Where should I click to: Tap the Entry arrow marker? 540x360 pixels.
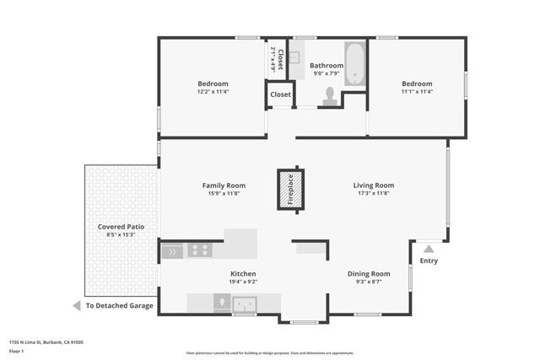click(x=429, y=249)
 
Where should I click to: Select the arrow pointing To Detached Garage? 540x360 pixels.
click(x=76, y=305)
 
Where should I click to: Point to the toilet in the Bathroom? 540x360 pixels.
click(x=330, y=96)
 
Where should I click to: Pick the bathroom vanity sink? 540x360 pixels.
click(x=294, y=58)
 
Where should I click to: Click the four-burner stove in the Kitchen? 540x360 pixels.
click(x=200, y=250)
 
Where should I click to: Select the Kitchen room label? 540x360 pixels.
click(x=243, y=274)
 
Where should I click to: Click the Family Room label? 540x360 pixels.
click(x=224, y=185)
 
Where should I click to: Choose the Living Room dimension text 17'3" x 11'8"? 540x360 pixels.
click(x=373, y=193)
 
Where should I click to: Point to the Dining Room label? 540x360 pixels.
click(x=369, y=274)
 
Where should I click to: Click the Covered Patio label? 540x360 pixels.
click(x=118, y=227)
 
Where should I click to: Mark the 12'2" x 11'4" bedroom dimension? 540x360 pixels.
click(x=213, y=91)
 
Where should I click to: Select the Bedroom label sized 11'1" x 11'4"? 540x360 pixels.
click(x=416, y=83)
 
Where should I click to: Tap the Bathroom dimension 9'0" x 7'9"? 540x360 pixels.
click(x=326, y=73)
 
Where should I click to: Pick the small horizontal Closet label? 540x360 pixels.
click(x=280, y=94)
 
